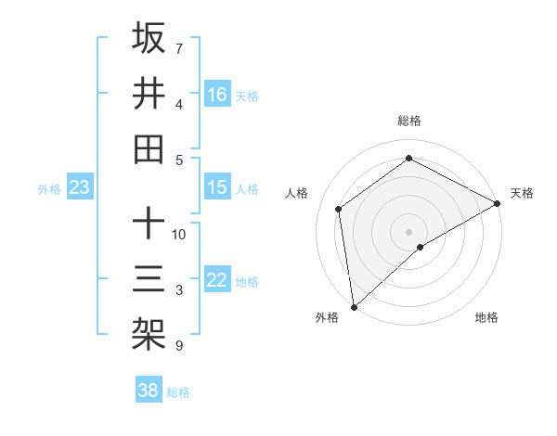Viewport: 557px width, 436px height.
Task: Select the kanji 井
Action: click(149, 93)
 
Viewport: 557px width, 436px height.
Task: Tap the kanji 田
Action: click(149, 148)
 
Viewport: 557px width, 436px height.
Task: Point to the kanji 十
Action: click(149, 223)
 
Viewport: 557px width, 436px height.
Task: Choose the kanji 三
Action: click(149, 278)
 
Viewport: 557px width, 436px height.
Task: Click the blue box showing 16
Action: click(217, 94)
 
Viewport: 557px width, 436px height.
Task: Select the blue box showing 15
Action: click(217, 187)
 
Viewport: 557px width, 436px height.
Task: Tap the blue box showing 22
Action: click(217, 280)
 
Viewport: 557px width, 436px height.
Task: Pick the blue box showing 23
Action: click(80, 187)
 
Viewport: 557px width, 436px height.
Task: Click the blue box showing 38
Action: click(149, 391)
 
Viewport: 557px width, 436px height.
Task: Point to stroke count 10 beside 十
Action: click(179, 234)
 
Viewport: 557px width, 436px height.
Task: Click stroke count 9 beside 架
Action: click(178, 346)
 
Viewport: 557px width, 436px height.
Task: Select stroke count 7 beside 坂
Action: click(178, 48)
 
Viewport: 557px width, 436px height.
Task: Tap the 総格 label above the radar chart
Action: click(409, 121)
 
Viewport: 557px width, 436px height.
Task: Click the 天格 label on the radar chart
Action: click(522, 193)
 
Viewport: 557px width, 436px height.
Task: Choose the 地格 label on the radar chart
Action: click(486, 317)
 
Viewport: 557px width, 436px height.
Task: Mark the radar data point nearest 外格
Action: click(354, 307)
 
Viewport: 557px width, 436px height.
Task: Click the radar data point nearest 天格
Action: click(498, 203)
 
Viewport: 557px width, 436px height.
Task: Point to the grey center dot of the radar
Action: click(408, 231)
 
